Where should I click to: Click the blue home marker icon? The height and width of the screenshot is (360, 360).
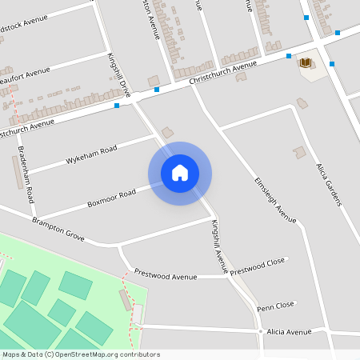click(x=180, y=173)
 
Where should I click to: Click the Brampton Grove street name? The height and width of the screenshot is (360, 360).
click(x=58, y=228)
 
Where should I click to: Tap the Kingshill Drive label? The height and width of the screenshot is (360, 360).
click(x=118, y=75)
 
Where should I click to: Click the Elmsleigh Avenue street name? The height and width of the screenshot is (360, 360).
click(x=275, y=199)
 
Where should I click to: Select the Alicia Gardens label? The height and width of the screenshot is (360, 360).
click(x=329, y=185)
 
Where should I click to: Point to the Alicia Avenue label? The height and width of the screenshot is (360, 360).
click(x=288, y=332)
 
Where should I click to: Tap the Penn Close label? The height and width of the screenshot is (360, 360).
click(x=276, y=306)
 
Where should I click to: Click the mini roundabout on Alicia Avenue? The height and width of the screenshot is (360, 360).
click(x=261, y=331)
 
